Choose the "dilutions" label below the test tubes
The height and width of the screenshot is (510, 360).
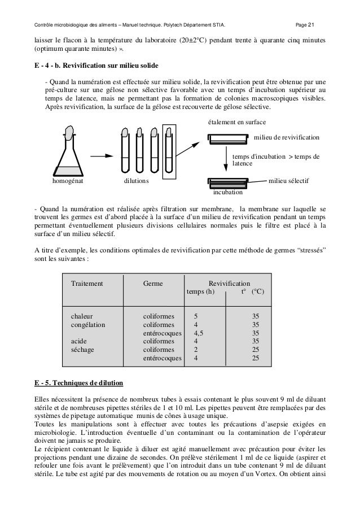137,182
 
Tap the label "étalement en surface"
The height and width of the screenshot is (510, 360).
237,122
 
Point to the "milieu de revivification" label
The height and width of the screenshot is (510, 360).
287,137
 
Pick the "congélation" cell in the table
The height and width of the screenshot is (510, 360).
88,325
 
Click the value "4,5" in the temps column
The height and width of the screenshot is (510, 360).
199,333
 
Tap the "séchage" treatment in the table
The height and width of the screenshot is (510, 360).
82,350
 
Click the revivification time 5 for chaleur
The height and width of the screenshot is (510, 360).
196,317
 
